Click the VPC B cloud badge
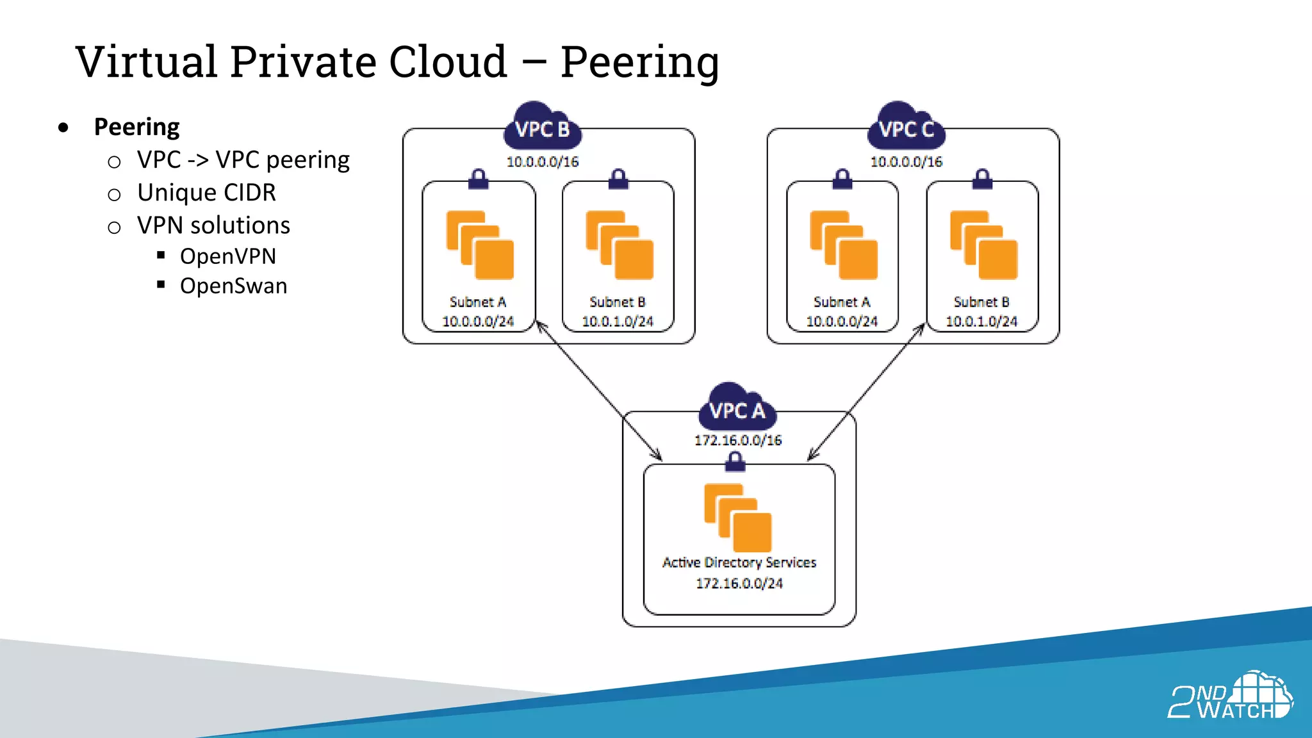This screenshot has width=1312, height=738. (542, 127)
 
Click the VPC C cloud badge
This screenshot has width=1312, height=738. (906, 127)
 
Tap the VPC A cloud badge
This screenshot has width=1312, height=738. (737, 409)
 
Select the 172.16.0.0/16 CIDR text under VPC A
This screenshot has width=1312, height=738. (738, 440)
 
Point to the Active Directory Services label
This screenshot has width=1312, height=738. (739, 562)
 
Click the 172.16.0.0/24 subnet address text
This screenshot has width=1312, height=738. (739, 583)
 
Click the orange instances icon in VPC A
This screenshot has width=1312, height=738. (738, 518)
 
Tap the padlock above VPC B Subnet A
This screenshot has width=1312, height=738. (478, 179)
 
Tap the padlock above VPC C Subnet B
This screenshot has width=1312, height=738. (982, 179)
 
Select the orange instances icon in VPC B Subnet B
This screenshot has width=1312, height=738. (619, 245)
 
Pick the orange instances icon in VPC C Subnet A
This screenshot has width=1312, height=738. (843, 245)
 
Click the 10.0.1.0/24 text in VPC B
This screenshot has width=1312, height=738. (618, 321)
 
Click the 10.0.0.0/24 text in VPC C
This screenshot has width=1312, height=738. (842, 321)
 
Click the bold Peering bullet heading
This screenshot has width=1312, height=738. (136, 127)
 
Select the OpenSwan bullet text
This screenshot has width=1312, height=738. (233, 286)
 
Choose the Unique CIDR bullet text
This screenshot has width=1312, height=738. (206, 192)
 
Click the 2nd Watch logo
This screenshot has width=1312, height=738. (1230, 697)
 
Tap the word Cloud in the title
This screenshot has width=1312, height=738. (448, 61)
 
